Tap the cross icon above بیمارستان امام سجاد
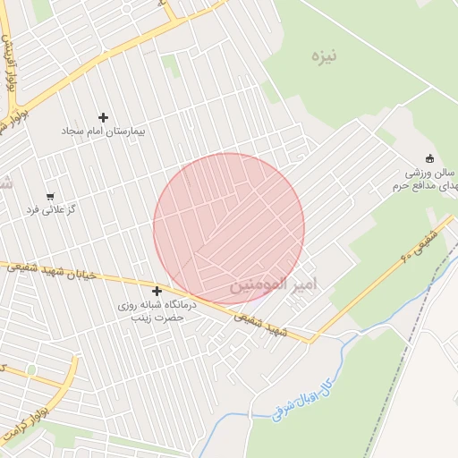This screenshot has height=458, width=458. (x=103, y=117)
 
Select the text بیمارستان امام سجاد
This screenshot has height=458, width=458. (x=103, y=131)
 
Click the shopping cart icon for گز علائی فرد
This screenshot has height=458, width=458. (x=50, y=196)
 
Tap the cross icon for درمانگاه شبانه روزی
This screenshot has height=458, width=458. (x=157, y=291)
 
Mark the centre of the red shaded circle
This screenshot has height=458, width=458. (x=229, y=229)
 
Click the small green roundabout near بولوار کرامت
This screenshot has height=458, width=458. (x=31, y=369)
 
